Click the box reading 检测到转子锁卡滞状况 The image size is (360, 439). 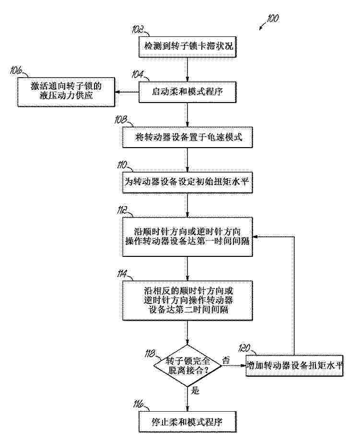point(187,46)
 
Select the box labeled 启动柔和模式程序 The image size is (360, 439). point(187,92)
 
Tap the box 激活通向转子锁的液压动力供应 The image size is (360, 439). point(66,92)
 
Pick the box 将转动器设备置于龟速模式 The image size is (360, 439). point(187,137)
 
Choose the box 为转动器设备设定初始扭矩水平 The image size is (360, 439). point(187,182)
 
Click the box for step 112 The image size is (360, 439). point(187,237)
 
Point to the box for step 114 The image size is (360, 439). point(187,300)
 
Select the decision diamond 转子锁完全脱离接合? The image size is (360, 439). point(187,366)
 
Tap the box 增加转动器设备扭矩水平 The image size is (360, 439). point(294,366)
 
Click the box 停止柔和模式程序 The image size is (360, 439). point(187,422)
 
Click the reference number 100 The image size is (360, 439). point(272,19)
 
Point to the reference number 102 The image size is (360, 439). point(138,29)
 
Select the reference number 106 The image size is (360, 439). point(16,70)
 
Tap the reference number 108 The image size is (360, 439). point(121,119)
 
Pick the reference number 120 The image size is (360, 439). point(244,348)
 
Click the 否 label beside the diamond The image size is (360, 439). point(226,360)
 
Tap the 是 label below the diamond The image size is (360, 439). point(195,391)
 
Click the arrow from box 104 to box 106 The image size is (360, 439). point(127,92)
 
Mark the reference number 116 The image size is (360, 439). point(138,404)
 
